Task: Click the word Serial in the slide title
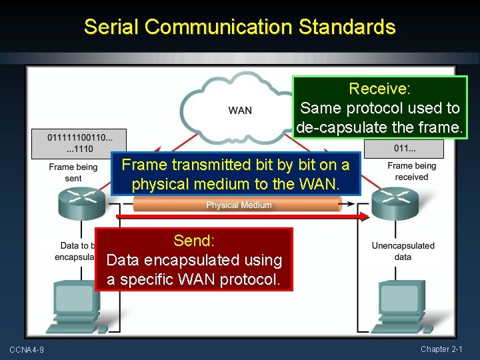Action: (x=111, y=27)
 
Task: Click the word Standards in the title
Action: (x=347, y=27)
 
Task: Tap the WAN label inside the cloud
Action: (x=240, y=110)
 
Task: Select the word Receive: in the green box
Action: (x=379, y=89)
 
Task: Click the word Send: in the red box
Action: (x=193, y=240)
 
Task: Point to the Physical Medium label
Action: (x=239, y=205)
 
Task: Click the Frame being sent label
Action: (x=73, y=172)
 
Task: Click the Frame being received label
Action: (x=411, y=171)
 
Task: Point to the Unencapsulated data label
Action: (x=403, y=251)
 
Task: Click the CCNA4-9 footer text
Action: (x=26, y=350)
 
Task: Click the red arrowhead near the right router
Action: (x=363, y=217)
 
